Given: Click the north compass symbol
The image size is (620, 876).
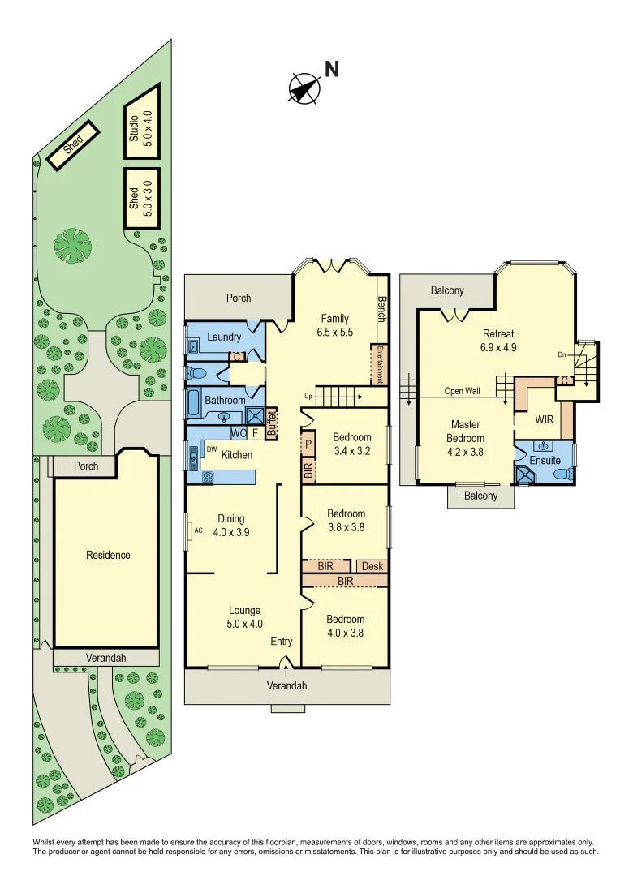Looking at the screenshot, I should click(x=304, y=87).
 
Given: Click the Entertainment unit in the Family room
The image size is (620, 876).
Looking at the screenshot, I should click(x=378, y=364).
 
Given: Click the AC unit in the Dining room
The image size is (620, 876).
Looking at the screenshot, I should click(x=192, y=531).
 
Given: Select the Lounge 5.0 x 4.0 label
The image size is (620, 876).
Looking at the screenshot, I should click(x=244, y=617).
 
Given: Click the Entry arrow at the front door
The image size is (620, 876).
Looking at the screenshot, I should click(x=286, y=667).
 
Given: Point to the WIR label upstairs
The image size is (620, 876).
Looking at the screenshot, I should click(x=544, y=420).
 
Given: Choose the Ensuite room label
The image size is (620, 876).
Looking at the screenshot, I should click(x=545, y=460).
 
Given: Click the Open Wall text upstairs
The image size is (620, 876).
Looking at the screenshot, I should click(x=462, y=391).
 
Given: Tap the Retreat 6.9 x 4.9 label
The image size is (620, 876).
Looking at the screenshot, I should click(x=498, y=340).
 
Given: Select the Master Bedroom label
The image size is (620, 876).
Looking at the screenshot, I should click(x=465, y=432).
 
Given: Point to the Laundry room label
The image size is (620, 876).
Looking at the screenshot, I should click(x=224, y=337).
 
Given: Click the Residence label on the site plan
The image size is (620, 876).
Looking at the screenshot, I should click(x=108, y=556).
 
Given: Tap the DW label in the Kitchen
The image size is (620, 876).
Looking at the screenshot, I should click(x=211, y=449).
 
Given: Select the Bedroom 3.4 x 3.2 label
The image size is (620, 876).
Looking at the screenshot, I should click(x=352, y=444).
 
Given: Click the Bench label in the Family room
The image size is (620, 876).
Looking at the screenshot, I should click(x=381, y=309).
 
